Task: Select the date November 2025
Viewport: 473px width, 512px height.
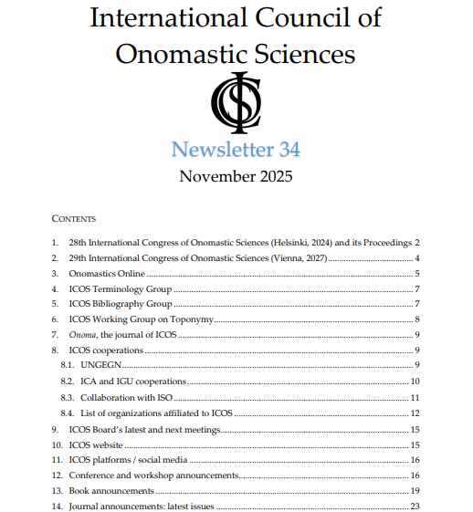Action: click(x=236, y=176)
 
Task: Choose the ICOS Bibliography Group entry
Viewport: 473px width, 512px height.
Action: click(x=120, y=304)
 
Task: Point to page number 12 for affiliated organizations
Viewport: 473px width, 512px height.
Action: click(x=415, y=413)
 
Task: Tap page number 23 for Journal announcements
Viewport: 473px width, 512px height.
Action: click(x=415, y=506)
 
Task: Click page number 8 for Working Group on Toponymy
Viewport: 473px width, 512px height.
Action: click(x=416, y=319)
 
